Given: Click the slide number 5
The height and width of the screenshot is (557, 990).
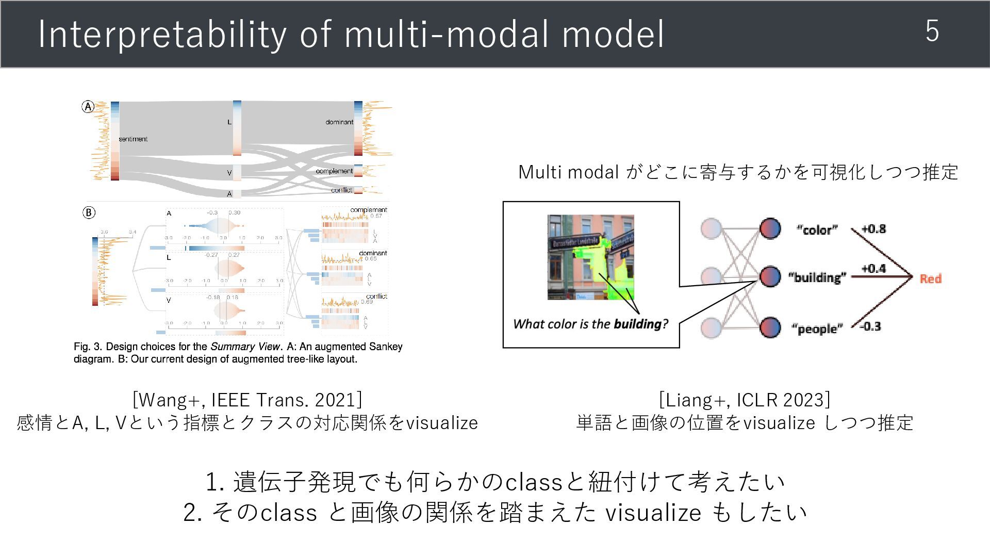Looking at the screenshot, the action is [x=932, y=31].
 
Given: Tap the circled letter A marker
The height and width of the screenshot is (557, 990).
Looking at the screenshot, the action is [x=88, y=107].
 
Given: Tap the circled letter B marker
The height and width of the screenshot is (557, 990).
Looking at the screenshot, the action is [x=89, y=212].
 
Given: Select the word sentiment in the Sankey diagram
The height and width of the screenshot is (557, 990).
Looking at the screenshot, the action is [x=133, y=139].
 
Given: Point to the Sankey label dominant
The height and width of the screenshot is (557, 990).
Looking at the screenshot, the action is [x=339, y=122].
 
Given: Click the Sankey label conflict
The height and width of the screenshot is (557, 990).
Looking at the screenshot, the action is [x=341, y=190].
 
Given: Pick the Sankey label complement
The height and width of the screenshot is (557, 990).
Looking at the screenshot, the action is [x=334, y=171].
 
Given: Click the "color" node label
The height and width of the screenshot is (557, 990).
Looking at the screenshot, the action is [x=817, y=230].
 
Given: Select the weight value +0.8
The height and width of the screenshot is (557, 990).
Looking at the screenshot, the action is [x=873, y=229].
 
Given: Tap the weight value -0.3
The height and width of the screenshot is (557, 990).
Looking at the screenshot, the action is [x=870, y=326].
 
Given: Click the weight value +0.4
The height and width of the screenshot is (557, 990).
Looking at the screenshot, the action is [x=873, y=269].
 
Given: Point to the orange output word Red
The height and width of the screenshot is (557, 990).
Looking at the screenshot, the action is [x=930, y=279].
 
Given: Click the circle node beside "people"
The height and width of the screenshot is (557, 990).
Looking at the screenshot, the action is [x=770, y=327].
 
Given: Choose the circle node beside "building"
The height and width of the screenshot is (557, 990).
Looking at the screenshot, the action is [x=770, y=276].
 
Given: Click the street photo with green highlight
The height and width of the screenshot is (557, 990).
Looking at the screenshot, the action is [x=590, y=257].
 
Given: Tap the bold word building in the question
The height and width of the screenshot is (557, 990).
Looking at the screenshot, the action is [x=637, y=324].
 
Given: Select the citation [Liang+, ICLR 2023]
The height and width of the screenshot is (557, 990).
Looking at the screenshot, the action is [x=744, y=400].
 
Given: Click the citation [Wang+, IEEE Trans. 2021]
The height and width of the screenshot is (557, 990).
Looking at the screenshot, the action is [x=247, y=400].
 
